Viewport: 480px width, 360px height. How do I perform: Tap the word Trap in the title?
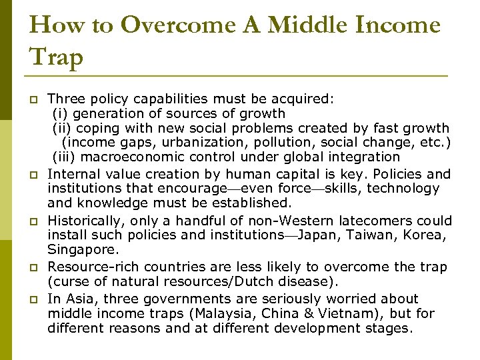pos(57,57)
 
